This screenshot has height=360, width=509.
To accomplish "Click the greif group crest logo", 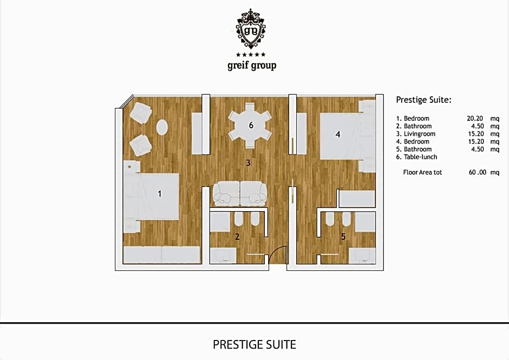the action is tap(250, 29).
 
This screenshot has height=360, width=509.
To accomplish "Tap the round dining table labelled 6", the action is tap(250, 125).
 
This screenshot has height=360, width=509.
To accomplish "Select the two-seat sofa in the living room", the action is tap(240, 193).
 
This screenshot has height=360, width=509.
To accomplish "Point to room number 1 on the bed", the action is tap(159, 194).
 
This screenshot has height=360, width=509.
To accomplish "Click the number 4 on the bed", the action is tap(338, 134).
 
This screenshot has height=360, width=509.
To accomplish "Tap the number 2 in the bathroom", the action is tap(237, 237).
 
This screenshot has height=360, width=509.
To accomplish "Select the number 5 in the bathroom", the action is tap(343, 237).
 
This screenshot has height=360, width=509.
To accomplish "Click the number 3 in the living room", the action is tap(248, 162).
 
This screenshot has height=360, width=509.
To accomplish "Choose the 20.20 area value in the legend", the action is tap(474, 119).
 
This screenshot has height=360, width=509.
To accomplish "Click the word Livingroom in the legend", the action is tap(420, 134).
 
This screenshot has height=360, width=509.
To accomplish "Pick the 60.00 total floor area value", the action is tap(477, 172).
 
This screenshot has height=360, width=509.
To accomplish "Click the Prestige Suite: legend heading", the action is tap(423, 100).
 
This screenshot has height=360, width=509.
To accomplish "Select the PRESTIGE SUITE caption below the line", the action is tap(255, 344).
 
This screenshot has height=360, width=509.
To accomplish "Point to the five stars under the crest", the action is tap(251, 55).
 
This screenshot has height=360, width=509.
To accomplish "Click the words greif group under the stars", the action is tap(252, 66).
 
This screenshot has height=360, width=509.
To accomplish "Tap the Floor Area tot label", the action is tap(422, 172).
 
